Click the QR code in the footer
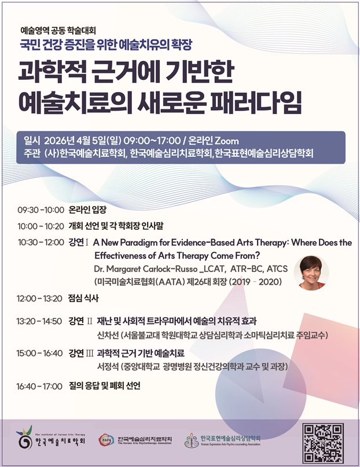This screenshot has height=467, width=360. (x=323, y=443)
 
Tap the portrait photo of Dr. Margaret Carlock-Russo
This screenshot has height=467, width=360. (x=311, y=273)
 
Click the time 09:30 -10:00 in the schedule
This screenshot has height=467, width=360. (x=41, y=210)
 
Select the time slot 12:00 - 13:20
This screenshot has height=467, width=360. (x=39, y=299)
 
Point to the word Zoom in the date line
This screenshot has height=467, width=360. (x=227, y=141)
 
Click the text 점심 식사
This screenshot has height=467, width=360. (x=83, y=298)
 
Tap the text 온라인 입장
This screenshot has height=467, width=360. (x=87, y=209)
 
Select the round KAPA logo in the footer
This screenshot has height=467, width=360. (x=106, y=440)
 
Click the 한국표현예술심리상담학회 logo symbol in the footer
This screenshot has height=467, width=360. (x=192, y=440)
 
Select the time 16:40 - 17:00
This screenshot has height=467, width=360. (x=39, y=387)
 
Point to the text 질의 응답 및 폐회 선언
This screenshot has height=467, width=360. (x=104, y=386)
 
